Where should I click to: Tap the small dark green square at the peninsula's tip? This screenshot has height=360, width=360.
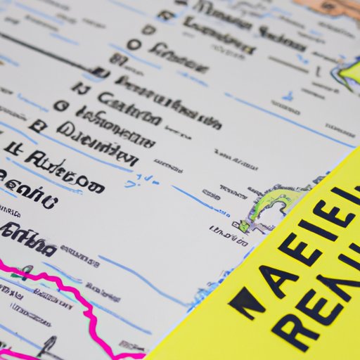click(244, 226)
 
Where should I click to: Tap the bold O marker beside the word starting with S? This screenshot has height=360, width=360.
click(132, 45)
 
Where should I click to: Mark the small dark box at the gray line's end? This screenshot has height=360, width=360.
click(101, 72)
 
